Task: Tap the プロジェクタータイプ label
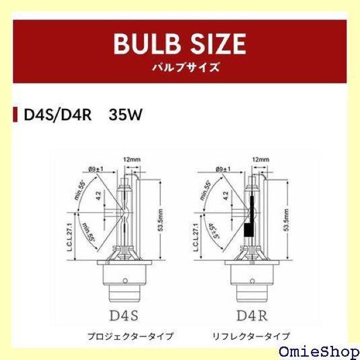pos(123,336)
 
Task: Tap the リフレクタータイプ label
pos(251,336)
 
